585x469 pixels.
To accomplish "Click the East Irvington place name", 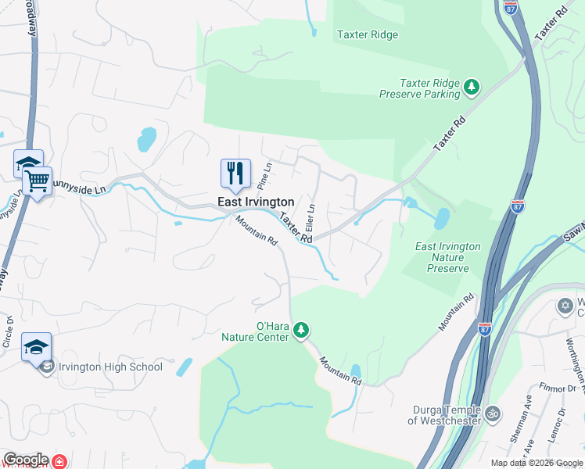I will tap(255, 202).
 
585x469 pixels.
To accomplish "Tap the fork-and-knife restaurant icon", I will tap(236, 173).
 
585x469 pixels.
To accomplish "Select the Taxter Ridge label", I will tap(367, 34).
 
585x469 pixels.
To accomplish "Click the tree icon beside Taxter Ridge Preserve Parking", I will tap(471, 87).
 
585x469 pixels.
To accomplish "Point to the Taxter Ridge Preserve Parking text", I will tap(420, 88).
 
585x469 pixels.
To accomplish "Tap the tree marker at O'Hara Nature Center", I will tap(302, 331).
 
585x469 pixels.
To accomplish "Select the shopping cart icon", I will tap(37, 182).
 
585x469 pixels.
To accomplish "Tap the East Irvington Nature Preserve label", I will tap(448, 257).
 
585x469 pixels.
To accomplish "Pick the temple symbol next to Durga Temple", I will tap(493, 414).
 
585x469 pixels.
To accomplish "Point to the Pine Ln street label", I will tap(266, 177).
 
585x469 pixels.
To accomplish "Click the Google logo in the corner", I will tap(25, 460).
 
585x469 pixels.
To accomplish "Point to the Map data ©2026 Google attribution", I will tap(536, 463).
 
